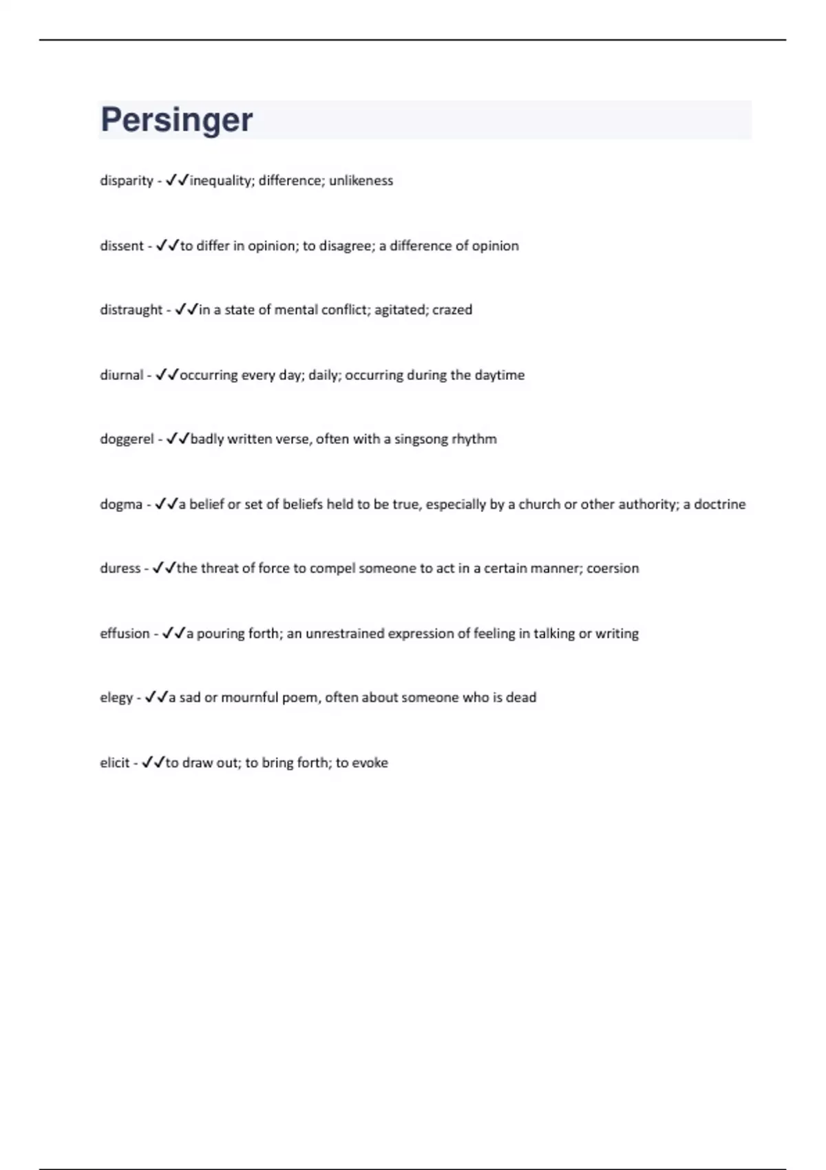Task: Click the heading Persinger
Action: tap(177, 120)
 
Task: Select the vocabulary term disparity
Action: tap(127, 181)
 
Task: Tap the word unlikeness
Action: tap(361, 181)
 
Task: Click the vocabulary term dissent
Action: tap(122, 246)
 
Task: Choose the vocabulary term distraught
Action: tap(131, 310)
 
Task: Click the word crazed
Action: tap(452, 310)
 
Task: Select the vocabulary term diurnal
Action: tap(122, 375)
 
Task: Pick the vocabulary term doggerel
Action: tap(127, 439)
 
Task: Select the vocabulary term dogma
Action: tap(121, 504)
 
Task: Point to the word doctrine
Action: tap(719, 504)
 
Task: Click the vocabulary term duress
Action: tap(120, 568)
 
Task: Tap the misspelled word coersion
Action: tap(613, 568)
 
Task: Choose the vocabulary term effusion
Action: tap(125, 633)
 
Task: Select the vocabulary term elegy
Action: tap(116, 698)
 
